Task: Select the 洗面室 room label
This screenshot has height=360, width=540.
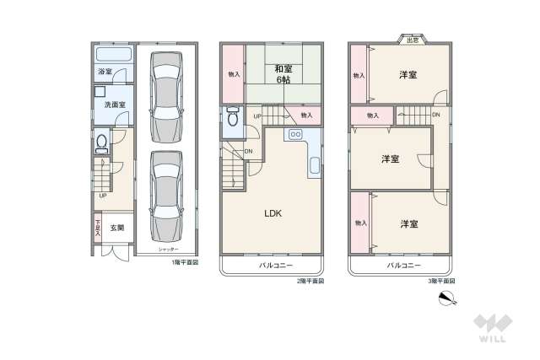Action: [x=115, y=105]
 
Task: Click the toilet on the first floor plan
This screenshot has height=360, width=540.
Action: [x=102, y=144]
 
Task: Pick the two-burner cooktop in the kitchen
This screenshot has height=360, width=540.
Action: [x=296, y=134]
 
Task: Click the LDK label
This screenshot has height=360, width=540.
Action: [x=273, y=213]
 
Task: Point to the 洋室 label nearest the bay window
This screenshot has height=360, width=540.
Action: [x=408, y=76]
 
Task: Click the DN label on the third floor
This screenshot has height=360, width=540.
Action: [x=435, y=115]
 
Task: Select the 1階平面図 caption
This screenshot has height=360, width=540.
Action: [x=185, y=262]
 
